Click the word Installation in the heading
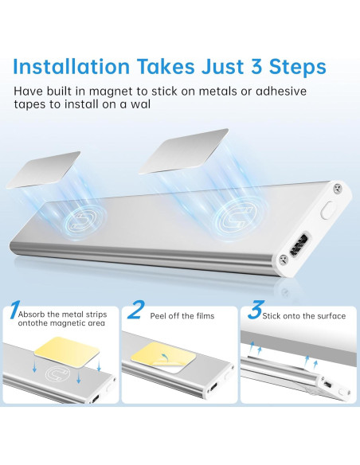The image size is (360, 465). coord(72,66)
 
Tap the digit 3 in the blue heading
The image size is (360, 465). coord(256,67)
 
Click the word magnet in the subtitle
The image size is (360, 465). coord(111,92)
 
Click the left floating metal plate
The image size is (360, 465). coord(43,169)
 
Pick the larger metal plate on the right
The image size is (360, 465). coord(184,151)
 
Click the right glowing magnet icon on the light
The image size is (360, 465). coord(236,218)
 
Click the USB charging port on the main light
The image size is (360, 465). coord(299,244)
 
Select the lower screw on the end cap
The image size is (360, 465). coord(284,260)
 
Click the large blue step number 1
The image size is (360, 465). coord(14,310)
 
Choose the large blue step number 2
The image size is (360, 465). coord(136,310)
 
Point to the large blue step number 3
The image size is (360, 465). coord(256,310)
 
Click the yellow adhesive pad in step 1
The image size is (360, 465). coord(66,351)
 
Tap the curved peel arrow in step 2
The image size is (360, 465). coord(162,357)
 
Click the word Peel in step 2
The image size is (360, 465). coord(158,316)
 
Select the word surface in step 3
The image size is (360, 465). coord(331,316)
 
